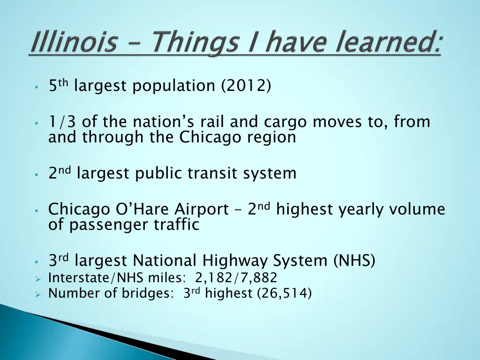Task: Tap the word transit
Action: click(x=213, y=173)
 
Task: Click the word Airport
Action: click(x=202, y=209)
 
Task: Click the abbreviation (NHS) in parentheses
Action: click(x=354, y=260)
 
